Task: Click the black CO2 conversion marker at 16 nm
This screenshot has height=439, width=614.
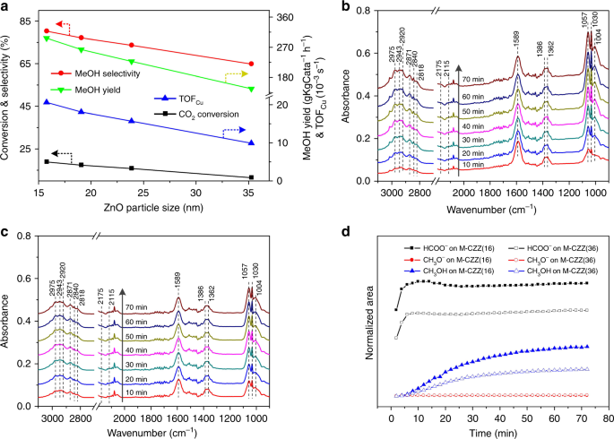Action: pos(47,161)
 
